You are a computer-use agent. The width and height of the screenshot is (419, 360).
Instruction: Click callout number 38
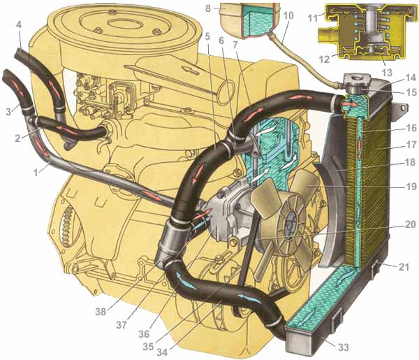[x=101, y=312]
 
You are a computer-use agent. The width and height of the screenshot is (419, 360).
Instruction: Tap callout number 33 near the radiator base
[x=344, y=347]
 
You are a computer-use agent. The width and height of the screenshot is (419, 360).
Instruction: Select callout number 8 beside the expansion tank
[x=208, y=8]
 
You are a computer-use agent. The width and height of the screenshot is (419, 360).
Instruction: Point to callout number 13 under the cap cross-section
[x=387, y=72]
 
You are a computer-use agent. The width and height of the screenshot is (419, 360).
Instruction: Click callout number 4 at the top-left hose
[x=18, y=24]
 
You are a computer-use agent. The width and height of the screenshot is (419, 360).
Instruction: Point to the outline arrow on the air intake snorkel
[x=190, y=70]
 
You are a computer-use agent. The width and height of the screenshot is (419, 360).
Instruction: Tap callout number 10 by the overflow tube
[x=288, y=15]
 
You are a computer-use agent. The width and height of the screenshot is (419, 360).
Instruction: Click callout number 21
[x=404, y=266]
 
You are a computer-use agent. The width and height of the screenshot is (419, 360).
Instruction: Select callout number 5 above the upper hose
[x=207, y=36]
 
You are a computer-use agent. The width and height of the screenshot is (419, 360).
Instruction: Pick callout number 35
[x=148, y=346]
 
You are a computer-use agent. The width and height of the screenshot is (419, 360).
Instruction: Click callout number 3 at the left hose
[x=9, y=111]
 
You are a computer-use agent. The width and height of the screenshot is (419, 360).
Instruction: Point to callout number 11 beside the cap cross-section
[x=313, y=18]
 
